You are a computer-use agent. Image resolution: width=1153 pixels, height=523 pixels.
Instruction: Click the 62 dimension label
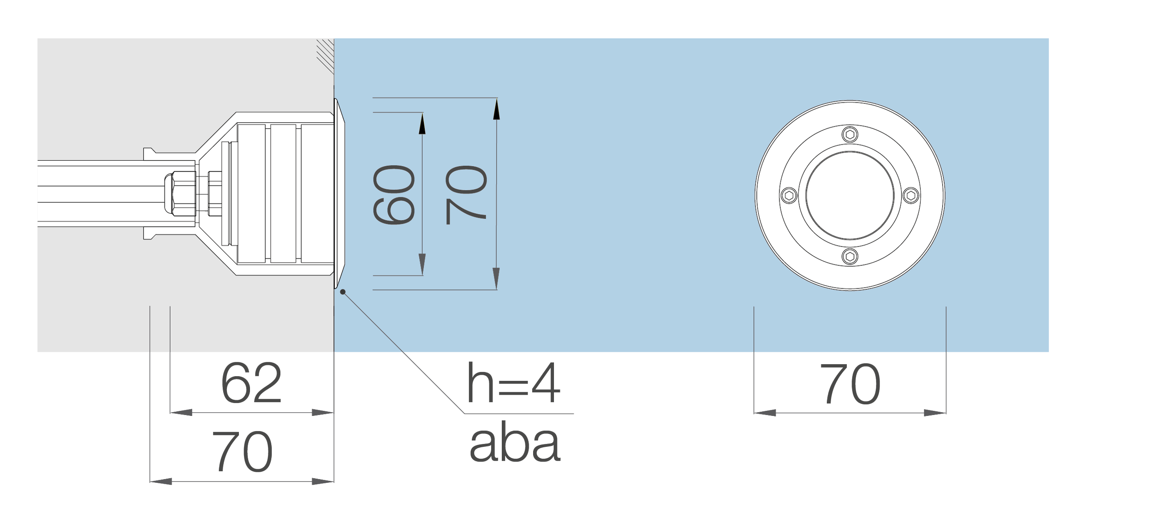point(250,383)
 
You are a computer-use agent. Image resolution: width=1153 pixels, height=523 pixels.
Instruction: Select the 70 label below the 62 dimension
point(243,451)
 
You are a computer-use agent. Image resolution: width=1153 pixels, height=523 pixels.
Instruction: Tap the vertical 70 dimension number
point(467,195)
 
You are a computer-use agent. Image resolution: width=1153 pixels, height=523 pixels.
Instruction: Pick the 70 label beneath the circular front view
point(850,384)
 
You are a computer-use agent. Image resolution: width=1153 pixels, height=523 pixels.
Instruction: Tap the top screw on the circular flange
point(850,135)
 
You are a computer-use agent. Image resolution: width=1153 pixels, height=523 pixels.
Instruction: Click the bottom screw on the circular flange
point(850,256)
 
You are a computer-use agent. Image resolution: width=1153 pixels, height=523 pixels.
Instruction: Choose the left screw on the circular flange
point(790,196)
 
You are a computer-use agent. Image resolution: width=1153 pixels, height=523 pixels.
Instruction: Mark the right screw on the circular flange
point(910,196)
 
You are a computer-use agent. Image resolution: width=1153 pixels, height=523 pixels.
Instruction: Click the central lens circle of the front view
point(850,196)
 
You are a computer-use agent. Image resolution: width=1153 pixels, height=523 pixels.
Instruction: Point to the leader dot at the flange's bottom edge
point(343,291)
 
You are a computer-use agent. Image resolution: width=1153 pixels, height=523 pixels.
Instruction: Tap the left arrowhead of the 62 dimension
point(181,412)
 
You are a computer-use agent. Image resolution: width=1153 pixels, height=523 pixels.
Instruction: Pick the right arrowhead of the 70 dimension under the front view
point(935,413)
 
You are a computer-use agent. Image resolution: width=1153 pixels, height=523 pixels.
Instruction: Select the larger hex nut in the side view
point(178,194)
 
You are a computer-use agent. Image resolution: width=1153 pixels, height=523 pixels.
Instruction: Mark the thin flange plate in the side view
point(339,194)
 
